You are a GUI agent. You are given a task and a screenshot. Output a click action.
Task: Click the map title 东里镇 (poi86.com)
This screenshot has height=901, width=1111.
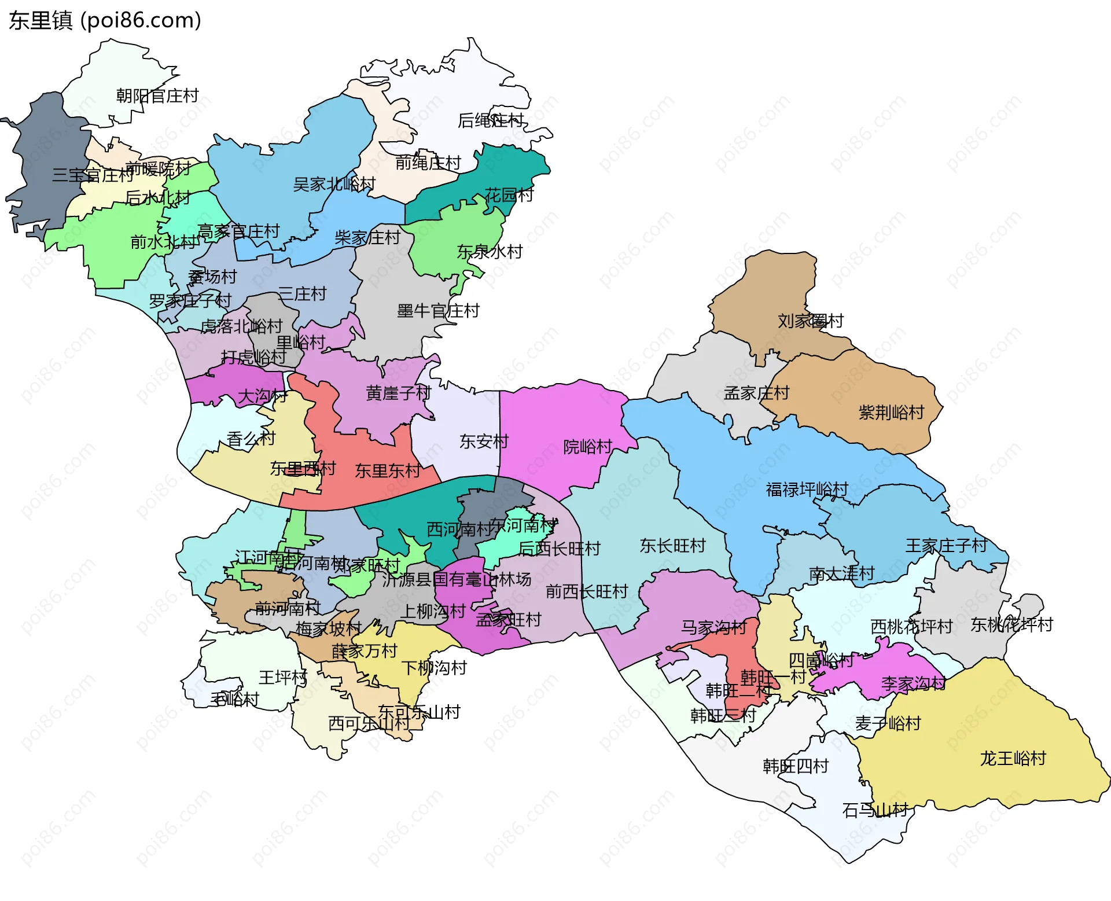(105, 20)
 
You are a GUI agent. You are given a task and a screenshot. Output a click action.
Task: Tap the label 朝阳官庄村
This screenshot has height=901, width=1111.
(157, 95)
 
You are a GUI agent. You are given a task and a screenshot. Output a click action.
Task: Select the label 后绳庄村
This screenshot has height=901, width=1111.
(490, 120)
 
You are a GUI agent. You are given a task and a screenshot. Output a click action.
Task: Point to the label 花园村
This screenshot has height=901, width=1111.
(509, 195)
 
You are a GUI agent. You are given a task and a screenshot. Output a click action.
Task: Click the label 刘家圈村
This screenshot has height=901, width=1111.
(810, 321)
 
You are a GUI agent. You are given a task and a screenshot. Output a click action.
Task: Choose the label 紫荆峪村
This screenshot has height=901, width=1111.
(891, 413)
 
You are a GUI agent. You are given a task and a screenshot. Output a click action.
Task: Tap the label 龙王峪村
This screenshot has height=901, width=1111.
(1013, 758)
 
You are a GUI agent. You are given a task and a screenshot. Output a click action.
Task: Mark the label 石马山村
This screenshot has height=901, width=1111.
(875, 810)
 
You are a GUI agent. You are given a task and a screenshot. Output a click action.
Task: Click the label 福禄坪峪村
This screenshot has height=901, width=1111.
(807, 490)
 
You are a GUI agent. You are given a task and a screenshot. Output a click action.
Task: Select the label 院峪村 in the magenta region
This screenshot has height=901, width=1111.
(587, 447)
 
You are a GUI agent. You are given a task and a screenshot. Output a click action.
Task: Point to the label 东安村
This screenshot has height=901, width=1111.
(484, 442)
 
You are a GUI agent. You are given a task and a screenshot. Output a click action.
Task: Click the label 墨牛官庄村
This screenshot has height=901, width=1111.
(438, 311)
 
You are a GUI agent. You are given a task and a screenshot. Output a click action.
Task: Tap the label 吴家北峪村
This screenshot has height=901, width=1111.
(334, 185)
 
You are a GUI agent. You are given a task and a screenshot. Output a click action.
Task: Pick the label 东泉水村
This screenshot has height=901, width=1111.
(490, 252)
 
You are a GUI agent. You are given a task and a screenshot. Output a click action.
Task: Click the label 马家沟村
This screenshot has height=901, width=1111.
(713, 627)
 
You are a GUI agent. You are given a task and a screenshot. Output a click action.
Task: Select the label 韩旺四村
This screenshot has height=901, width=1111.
(796, 766)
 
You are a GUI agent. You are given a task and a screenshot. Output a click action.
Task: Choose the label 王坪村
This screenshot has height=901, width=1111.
(283, 677)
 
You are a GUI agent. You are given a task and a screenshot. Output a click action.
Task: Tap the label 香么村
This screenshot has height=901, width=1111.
(251, 439)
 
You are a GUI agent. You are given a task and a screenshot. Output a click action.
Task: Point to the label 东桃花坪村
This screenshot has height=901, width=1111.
(1011, 625)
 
